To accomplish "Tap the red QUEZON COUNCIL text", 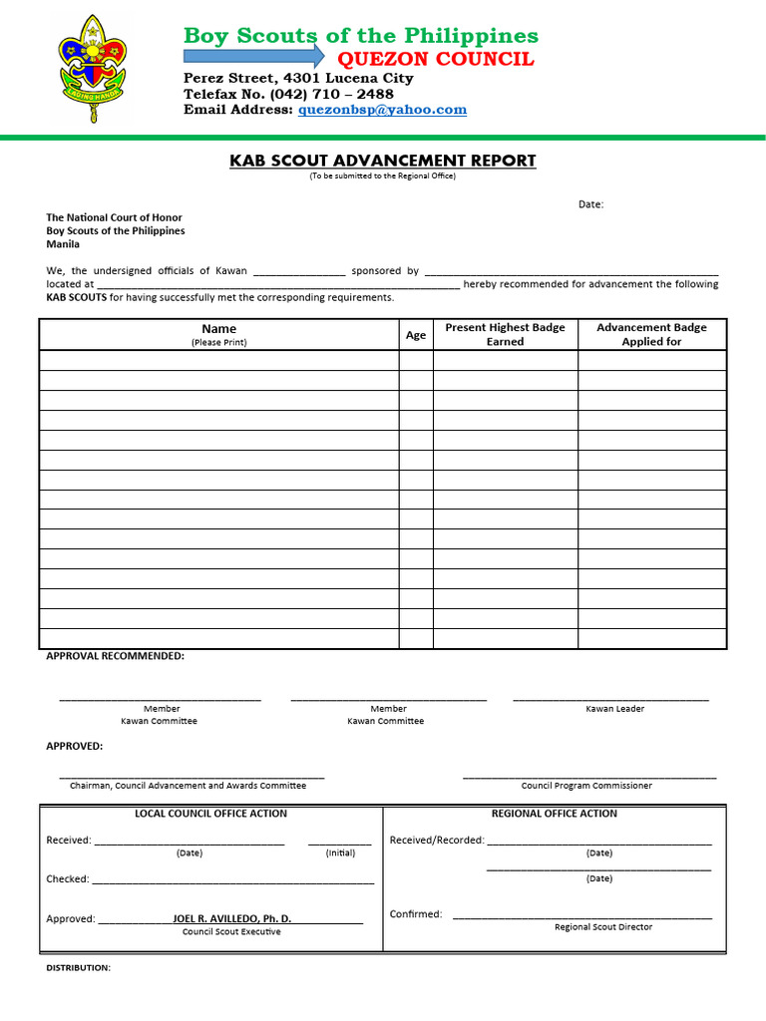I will tap(436, 59).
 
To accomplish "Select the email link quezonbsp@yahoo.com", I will tap(382, 110).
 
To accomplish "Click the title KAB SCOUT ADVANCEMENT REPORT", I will tap(383, 161).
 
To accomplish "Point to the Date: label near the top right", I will tap(590, 204).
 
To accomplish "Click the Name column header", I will tap(218, 329).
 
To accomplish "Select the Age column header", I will tap(416, 335).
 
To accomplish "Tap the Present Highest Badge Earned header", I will tap(505, 334).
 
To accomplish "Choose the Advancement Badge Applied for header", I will tap(651, 334).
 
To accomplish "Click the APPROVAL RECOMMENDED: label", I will tap(115, 656).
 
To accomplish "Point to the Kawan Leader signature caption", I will tap(614, 709).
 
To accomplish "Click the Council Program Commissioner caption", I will tap(586, 786).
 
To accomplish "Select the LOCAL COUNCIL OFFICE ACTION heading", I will tap(210, 814).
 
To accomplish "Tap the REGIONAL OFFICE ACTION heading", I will tap(554, 814).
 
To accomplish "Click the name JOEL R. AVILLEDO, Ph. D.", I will tap(231, 918).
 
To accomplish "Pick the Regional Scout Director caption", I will tap(603, 927).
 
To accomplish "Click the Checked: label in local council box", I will tap(68, 879).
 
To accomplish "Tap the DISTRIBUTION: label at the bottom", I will tap(78, 968).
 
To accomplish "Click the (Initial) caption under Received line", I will tap(340, 853).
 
